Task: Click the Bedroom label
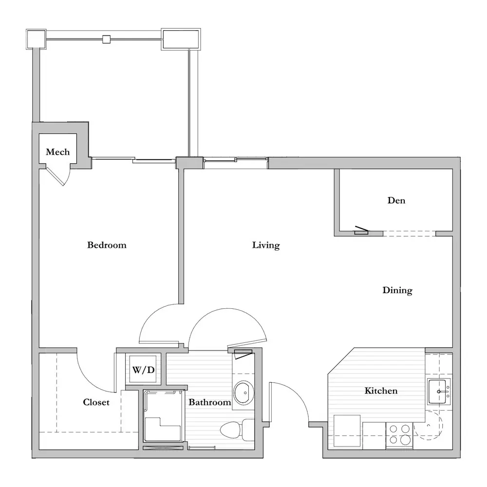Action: [x=107, y=245]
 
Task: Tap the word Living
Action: [x=266, y=245]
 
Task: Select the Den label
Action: [x=396, y=200]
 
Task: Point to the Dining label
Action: [x=397, y=290]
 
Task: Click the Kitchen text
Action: [x=381, y=391]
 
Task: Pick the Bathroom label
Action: [x=210, y=402]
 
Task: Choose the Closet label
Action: [x=96, y=402]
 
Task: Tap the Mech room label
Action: [x=58, y=152]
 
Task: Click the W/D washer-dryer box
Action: [x=143, y=369]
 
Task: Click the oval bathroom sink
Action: [x=244, y=393]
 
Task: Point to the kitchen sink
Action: [x=439, y=392]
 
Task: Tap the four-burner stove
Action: [x=399, y=435]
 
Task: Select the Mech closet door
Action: [x=58, y=175]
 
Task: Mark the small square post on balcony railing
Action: [x=106, y=39]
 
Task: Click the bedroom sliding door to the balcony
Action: [x=133, y=160]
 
